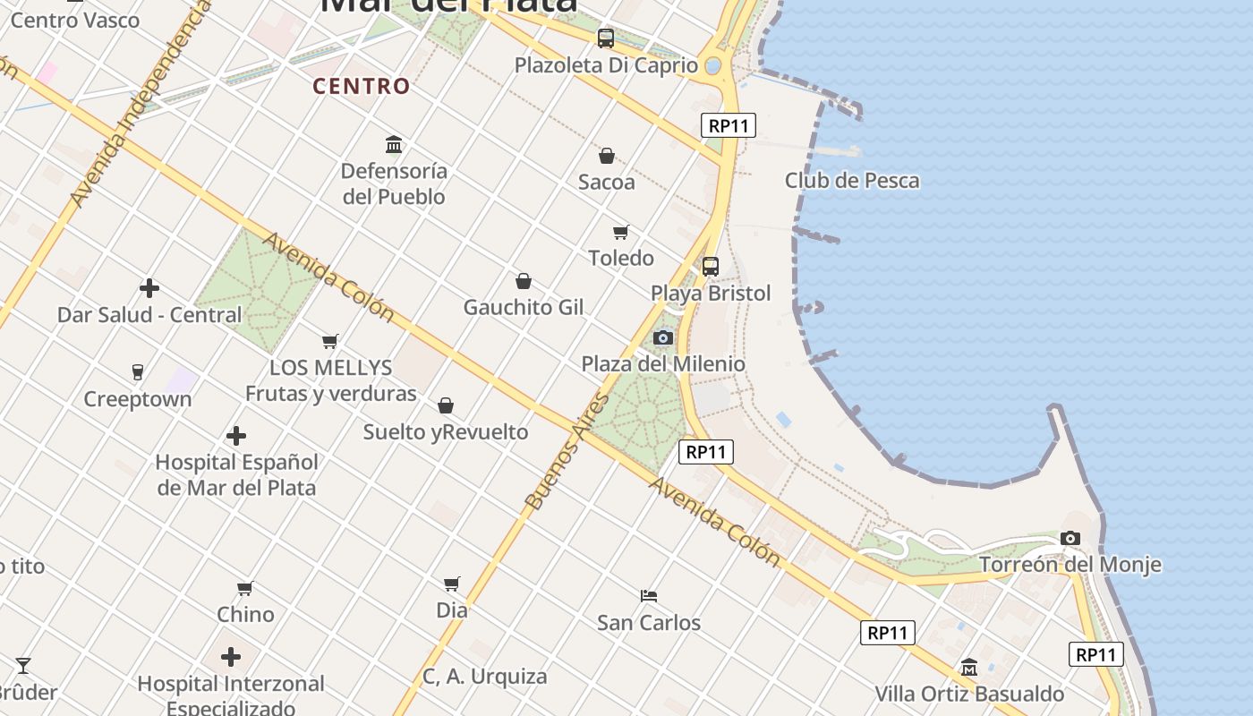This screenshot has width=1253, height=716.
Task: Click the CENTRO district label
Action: [x=362, y=86]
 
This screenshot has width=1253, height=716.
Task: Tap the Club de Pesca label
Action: [x=851, y=180]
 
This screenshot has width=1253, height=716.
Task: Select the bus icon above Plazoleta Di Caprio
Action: [x=606, y=38]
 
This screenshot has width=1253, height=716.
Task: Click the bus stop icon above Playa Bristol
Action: [x=711, y=266]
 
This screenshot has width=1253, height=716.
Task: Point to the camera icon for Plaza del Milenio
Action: [x=663, y=337]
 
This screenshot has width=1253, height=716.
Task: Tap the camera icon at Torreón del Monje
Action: [x=1070, y=538]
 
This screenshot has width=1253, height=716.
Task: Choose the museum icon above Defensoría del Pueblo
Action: [x=394, y=144]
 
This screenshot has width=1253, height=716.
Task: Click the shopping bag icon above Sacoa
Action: [x=607, y=156]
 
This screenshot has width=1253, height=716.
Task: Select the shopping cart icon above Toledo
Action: [x=621, y=233]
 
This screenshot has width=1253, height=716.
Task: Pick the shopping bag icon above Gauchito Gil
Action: [x=524, y=281]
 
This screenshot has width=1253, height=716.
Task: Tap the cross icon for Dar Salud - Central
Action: [x=149, y=288]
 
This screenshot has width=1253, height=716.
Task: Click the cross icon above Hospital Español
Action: [x=236, y=436]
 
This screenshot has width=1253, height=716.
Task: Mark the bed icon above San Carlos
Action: [x=649, y=595]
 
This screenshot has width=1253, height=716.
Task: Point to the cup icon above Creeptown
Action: [x=138, y=372]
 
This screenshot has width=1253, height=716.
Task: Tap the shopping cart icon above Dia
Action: [x=452, y=584]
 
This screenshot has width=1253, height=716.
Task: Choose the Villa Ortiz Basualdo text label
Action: [x=969, y=694]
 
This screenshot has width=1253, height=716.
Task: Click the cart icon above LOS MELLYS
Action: [x=330, y=341]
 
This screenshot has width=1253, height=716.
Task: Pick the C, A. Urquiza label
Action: [x=484, y=677]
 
